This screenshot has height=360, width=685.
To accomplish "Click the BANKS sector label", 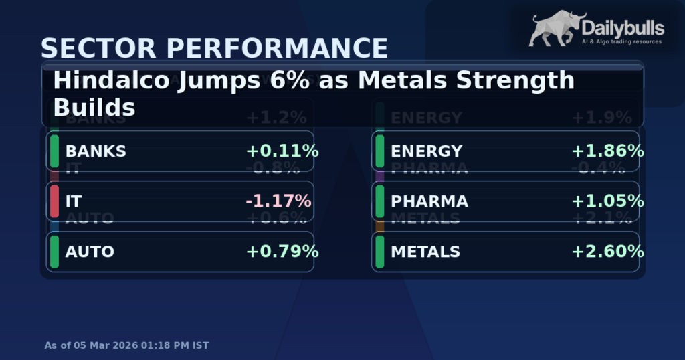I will coord(96,151).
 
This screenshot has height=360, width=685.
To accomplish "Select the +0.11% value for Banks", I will coord(282,151).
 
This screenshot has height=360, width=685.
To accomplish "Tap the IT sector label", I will coord(74,201).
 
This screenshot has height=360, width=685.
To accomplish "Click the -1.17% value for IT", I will coord(278,201).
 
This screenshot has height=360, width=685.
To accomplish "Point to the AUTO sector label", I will coord(90,252).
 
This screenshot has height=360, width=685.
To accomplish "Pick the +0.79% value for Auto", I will coord(282,252).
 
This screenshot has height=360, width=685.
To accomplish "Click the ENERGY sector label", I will coord(426,151).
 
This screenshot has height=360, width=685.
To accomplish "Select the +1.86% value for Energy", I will coord(607,151).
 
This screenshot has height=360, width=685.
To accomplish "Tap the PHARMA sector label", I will coord(429,201).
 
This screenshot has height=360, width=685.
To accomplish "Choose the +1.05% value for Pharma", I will coord(607,201).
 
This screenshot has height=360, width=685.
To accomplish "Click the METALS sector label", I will coord(425,252).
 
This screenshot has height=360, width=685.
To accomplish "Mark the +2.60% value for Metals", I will coord(607,252).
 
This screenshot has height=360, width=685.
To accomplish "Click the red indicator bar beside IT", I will coord(54,201).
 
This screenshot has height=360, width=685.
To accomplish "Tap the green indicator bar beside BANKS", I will coord(54,151).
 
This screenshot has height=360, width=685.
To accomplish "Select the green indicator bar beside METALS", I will coord(379,252).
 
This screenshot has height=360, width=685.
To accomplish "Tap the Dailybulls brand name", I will coord(622,28).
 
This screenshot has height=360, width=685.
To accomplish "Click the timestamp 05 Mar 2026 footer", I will coord(126,345).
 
